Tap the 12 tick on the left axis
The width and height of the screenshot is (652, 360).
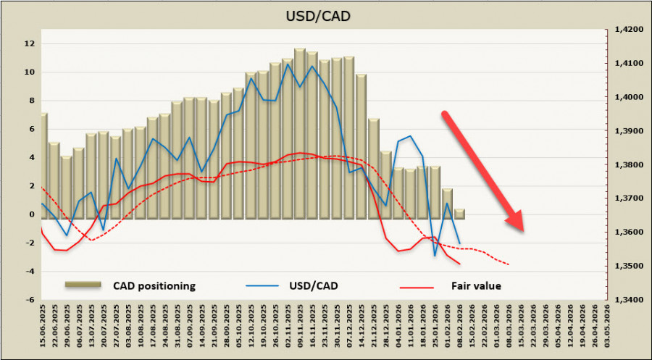30,43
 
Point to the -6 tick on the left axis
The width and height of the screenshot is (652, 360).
30,300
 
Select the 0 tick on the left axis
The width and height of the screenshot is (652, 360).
31,214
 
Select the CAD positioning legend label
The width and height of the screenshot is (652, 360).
154,285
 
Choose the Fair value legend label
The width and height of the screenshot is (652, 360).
476,285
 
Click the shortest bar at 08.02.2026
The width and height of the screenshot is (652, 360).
459,214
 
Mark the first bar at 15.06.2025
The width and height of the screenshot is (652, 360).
43,167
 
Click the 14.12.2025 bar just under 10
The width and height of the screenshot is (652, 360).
361,146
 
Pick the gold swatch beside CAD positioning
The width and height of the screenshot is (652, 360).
85,285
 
